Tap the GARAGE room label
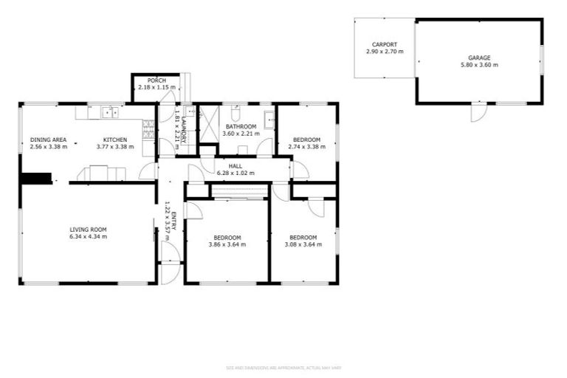click(x=478, y=57)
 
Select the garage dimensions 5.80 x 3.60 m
click(x=478, y=65)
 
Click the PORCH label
click(x=156, y=80)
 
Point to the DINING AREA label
click(x=49, y=140)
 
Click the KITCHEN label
click(x=115, y=140)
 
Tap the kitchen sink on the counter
click(x=111, y=112)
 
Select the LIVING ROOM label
click(x=89, y=229)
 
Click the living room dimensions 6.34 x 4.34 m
click(x=89, y=237)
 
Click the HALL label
click(x=236, y=165)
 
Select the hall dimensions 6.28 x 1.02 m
click(x=236, y=173)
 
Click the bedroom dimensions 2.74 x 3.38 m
click(x=306, y=147)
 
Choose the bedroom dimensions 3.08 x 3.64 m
click(x=303, y=244)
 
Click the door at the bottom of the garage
click(x=477, y=112)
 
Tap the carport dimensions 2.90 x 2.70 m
click(x=385, y=52)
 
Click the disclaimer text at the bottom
click(x=283, y=367)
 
